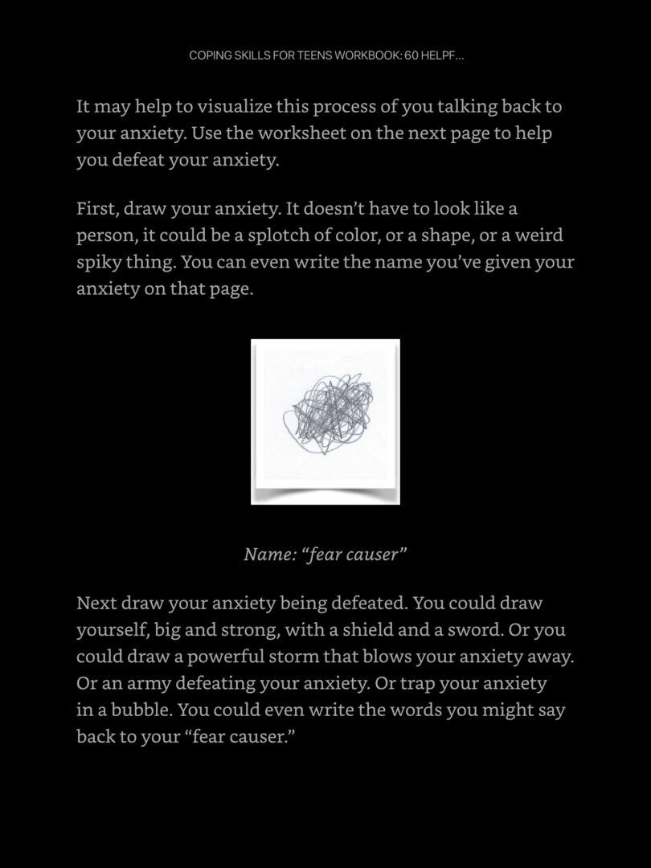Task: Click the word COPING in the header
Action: (207, 55)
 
